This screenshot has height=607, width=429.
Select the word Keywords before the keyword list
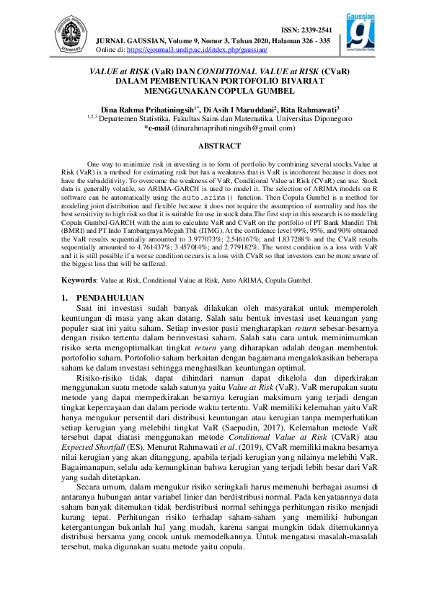(x=78, y=278)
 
